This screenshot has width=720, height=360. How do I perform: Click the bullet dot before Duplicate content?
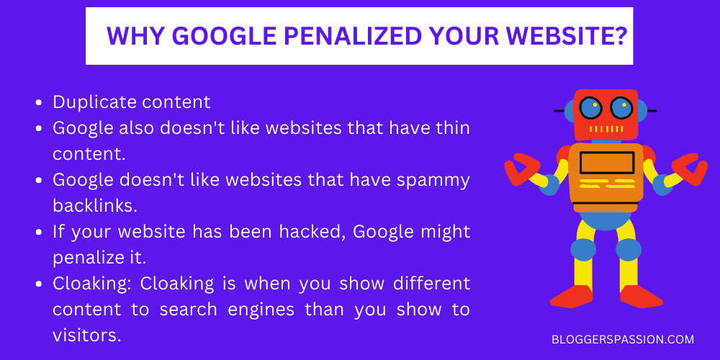point(39,103)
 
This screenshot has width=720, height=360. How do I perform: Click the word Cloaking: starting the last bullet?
point(93,284)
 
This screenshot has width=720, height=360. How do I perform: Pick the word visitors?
point(85,336)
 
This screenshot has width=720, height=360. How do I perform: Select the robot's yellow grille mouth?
point(606,130)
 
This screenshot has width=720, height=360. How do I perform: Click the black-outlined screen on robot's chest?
point(606,162)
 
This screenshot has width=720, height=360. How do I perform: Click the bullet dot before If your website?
point(39,233)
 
